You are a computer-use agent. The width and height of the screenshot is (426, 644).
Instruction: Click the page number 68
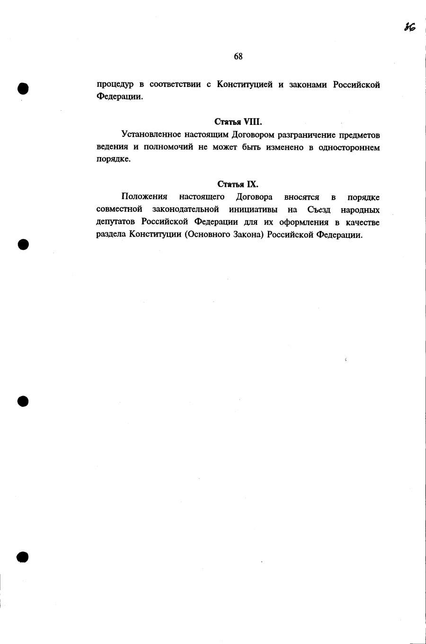(238, 57)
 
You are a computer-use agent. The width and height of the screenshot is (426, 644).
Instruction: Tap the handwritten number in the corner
(409, 27)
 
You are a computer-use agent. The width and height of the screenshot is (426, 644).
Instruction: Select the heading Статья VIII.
(238, 122)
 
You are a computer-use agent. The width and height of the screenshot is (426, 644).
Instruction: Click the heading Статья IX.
(238, 184)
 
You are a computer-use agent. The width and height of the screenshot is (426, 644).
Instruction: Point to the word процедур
(115, 86)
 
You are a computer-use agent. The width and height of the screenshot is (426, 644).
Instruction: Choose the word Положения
(144, 197)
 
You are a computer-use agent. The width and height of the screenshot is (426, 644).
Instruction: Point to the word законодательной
(186, 210)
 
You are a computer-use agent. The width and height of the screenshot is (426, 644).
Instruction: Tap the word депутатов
(116, 222)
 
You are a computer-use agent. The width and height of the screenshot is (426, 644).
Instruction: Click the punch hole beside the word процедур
(23, 88)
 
